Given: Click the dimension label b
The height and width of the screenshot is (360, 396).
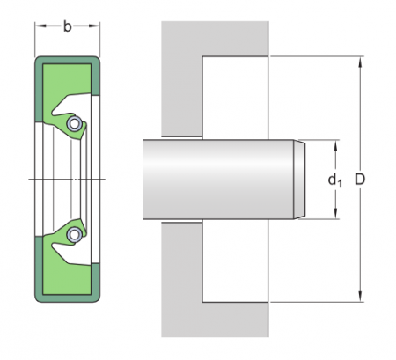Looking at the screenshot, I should [68, 26].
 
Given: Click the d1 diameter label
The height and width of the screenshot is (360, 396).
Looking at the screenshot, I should [334, 180].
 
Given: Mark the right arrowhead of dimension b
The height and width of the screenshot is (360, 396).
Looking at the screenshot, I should [96, 26].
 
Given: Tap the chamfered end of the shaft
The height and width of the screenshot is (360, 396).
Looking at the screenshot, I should [299, 180].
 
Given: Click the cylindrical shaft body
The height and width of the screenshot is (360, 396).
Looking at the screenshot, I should [220, 180].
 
